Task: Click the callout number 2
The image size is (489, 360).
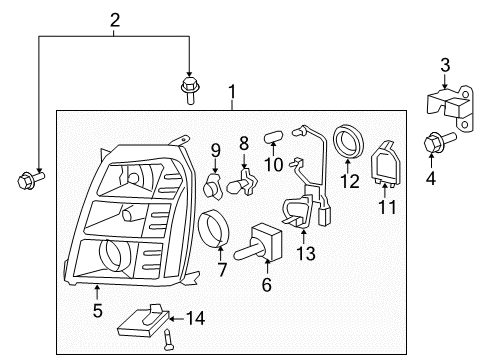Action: tap(115, 18)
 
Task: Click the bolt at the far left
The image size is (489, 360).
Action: tap(27, 181)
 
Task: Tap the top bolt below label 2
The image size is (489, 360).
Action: tap(188, 87)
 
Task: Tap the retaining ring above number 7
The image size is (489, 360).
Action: tap(215, 229)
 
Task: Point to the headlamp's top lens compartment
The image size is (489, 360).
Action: tap(128, 181)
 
